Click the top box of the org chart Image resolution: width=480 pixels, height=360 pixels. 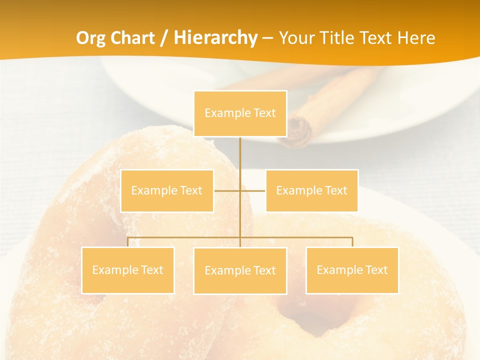[x=240, y=113]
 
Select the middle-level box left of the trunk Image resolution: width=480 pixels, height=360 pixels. [x=167, y=190]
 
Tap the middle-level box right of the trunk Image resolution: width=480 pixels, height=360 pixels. [x=311, y=190]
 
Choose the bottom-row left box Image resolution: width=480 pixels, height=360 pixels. [x=127, y=270]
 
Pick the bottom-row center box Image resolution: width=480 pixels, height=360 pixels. [x=240, y=270]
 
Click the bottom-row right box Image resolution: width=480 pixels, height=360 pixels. [x=352, y=270]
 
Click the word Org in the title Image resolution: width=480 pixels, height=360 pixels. [x=90, y=38]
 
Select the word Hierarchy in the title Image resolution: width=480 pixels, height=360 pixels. [x=215, y=38]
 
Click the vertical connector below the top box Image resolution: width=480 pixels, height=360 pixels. [x=240, y=155]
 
